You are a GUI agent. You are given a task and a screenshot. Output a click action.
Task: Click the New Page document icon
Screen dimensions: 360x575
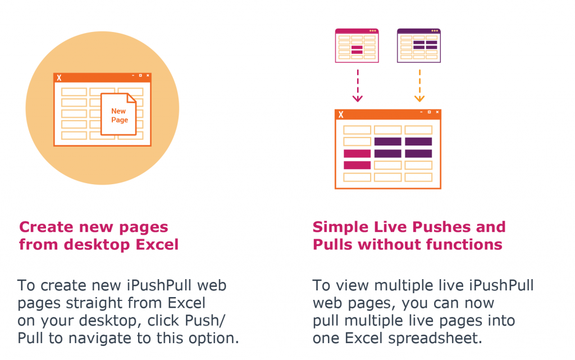click(x=118, y=115)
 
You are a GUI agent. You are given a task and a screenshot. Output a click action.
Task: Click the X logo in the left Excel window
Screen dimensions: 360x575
click(x=59, y=78)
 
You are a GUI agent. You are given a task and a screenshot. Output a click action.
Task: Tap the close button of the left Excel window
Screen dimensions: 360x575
click(x=148, y=75)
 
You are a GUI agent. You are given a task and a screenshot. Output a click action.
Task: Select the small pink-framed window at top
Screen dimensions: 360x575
click(x=357, y=45)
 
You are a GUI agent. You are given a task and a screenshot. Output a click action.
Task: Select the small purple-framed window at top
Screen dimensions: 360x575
click(x=419, y=45)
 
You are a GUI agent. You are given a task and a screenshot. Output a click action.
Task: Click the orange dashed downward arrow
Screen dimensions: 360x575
click(x=419, y=85)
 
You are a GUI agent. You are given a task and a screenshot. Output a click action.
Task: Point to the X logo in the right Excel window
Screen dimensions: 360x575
click(x=340, y=115)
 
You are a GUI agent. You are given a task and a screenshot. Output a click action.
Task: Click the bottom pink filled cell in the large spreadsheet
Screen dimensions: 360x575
click(x=357, y=165)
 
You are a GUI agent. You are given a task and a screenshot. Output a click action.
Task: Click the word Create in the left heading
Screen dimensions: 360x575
click(x=47, y=227)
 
